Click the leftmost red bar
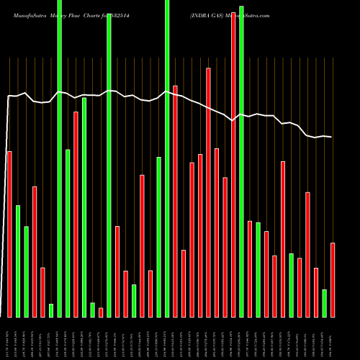point(9,234)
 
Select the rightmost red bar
point(333,279)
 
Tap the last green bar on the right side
point(324,303)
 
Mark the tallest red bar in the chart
point(233,166)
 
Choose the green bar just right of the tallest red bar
point(241,161)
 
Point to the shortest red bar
point(101,312)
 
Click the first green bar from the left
point(18,261)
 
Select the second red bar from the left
point(35,251)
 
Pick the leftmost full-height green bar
point(59,158)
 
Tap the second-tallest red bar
point(208,192)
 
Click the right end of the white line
point(332,137)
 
